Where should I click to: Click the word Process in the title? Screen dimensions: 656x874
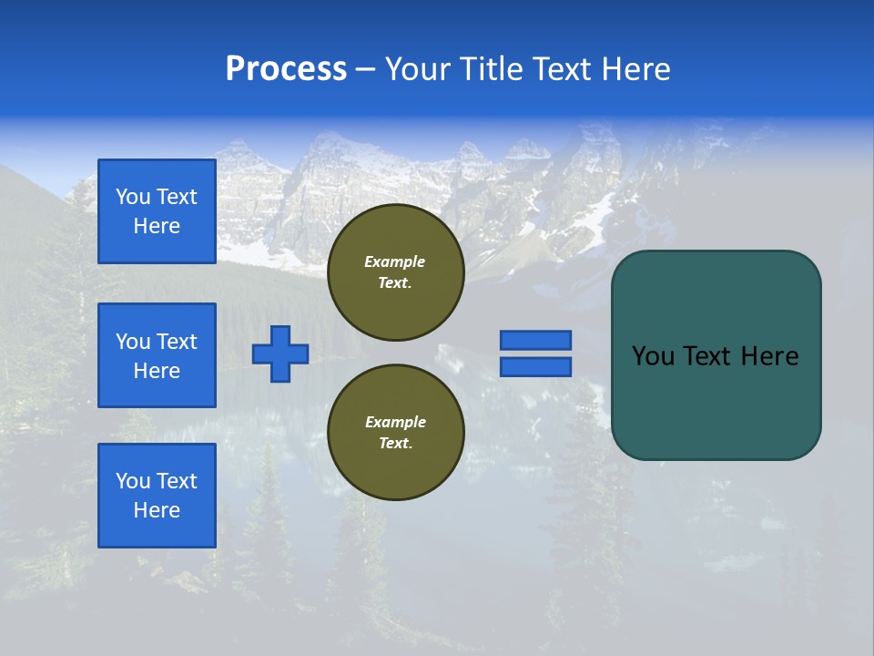[x=286, y=69]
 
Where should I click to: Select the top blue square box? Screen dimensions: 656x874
[x=157, y=211]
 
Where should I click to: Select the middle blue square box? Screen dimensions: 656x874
[x=157, y=355]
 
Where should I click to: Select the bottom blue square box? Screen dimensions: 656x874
[x=157, y=496]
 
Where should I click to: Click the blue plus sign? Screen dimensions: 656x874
[x=280, y=354]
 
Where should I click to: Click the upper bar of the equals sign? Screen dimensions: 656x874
[x=535, y=340]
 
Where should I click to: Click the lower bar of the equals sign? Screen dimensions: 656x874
[x=535, y=366]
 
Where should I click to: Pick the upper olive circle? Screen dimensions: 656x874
[x=395, y=272]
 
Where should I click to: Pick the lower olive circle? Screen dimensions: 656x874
[x=395, y=433]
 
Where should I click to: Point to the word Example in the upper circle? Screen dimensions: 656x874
[x=395, y=261]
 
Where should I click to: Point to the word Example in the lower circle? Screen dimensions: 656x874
[x=395, y=422]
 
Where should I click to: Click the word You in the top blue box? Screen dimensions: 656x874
[x=133, y=197]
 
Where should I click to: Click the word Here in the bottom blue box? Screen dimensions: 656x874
[x=157, y=510]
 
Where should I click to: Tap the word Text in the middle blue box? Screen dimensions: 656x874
[x=177, y=342]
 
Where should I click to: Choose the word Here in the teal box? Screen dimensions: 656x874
[x=770, y=356]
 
